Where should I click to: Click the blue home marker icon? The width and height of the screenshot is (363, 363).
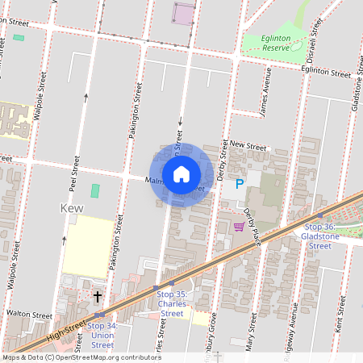point(181,174)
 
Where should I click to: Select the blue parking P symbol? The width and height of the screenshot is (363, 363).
point(239,185)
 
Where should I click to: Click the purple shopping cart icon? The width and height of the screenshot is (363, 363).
point(239,226)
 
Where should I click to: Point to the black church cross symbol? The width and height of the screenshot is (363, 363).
point(98,297)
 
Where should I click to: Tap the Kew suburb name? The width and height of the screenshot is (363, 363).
point(73,207)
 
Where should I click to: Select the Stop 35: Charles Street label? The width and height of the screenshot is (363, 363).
point(172,304)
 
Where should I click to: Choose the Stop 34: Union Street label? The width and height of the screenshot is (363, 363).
point(102,335)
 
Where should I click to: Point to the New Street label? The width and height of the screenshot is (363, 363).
point(248,145)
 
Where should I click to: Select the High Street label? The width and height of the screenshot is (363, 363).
point(66,328)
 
